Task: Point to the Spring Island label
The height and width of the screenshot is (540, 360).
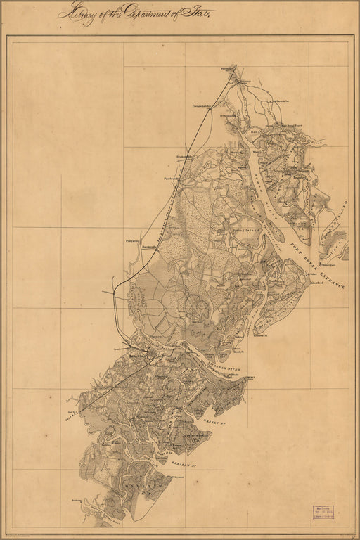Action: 231,229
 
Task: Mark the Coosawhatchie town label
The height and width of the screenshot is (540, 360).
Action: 202,106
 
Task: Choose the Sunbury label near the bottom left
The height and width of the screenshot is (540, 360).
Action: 77,501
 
